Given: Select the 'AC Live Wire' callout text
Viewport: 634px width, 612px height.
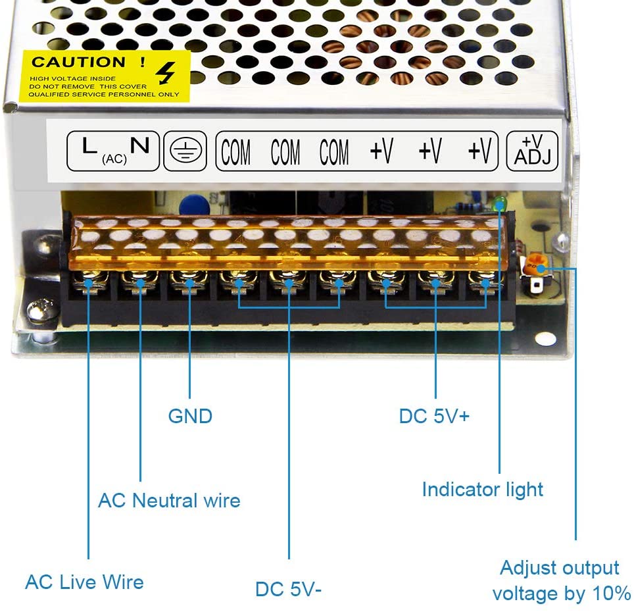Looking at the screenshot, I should (84, 582).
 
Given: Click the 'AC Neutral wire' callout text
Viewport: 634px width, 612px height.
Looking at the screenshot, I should (169, 500).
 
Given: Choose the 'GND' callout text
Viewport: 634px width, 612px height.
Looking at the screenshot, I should (190, 416).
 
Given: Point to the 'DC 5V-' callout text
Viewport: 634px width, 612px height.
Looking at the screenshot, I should (289, 589).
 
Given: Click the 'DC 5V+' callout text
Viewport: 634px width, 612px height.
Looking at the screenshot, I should (434, 416).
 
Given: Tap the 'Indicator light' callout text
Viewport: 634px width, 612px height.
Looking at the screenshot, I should (482, 490).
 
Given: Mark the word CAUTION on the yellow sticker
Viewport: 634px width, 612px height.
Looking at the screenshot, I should (79, 63).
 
